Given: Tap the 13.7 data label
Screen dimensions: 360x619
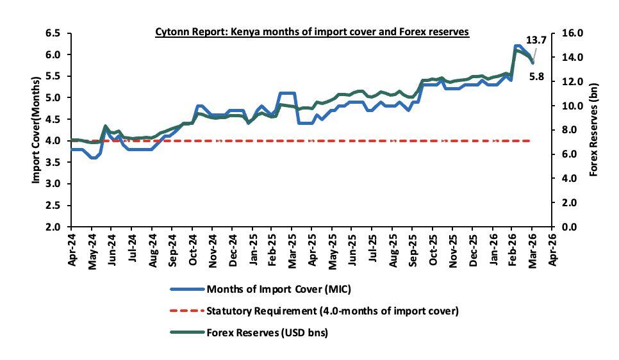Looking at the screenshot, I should click(537, 40).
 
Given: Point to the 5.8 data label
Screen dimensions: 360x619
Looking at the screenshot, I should click(537, 78).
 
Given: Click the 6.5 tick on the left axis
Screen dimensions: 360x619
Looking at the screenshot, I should click(54, 33).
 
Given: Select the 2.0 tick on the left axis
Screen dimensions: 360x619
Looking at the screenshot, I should click(54, 227).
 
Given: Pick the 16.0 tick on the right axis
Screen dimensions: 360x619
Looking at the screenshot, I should click(572, 33).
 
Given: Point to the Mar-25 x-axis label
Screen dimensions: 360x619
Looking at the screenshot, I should click(292, 249).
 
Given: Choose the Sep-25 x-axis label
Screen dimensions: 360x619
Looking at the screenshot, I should click(412, 249).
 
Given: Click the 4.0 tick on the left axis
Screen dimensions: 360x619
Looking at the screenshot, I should click(54, 140).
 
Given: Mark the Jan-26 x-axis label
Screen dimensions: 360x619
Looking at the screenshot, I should click(492, 249).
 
